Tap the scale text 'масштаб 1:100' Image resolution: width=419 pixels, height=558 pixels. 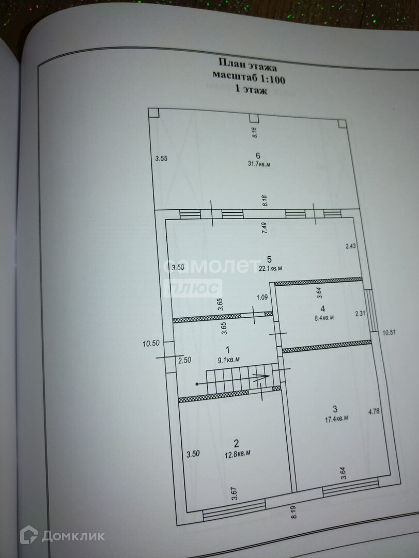tap(249, 78)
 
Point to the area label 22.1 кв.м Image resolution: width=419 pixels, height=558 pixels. tap(270, 268)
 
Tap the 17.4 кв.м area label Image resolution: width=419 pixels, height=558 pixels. tap(335, 417)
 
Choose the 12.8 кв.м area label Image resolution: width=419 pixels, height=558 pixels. tap(237, 453)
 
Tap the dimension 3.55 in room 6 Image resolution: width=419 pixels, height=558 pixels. tap(162, 159)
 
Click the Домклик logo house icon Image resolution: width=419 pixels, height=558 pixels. tap(29, 535)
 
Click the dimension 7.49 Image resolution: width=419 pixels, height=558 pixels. tap(265, 228)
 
